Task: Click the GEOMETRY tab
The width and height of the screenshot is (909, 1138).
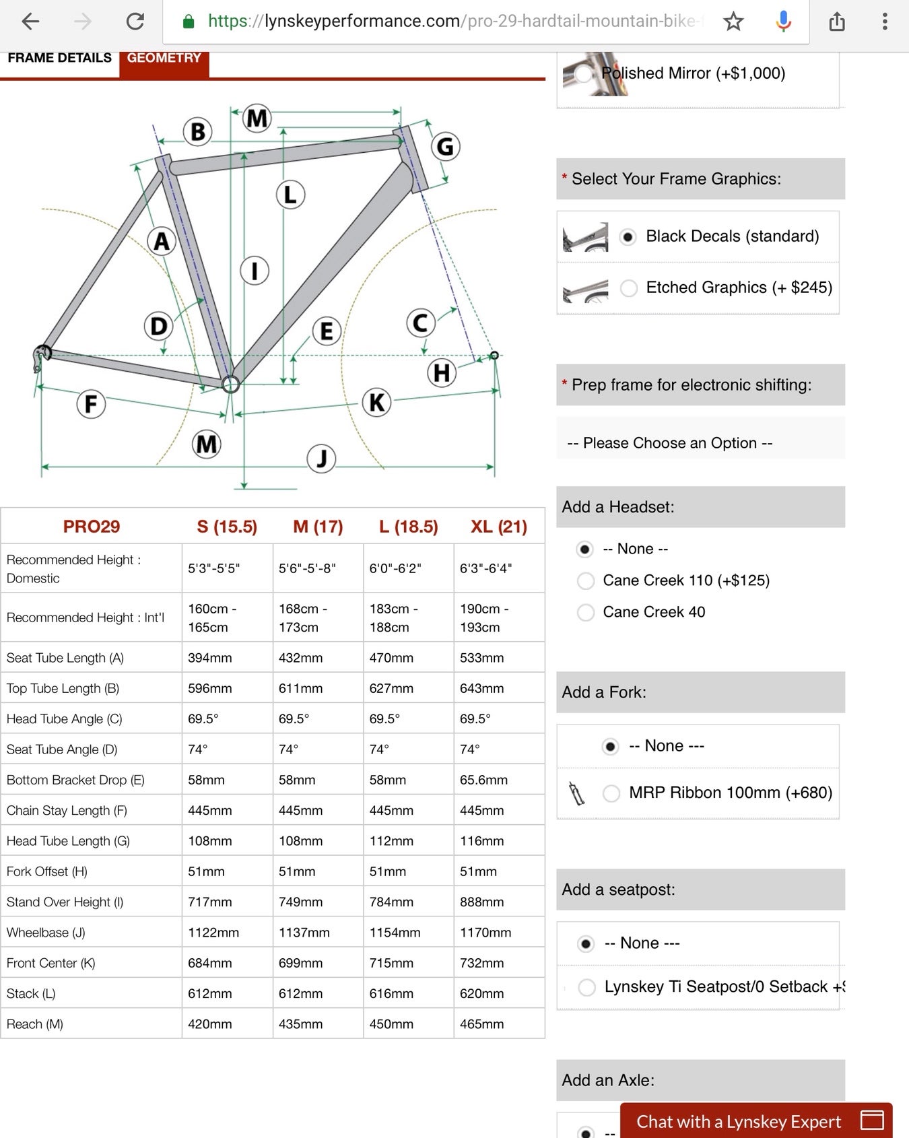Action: [x=164, y=59]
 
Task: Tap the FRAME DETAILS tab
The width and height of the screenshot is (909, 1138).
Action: [x=59, y=59]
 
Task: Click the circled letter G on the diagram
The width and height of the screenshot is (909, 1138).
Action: [x=445, y=146]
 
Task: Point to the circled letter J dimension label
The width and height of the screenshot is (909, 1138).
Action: [x=321, y=459]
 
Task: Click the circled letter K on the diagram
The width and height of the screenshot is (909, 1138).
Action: [x=376, y=402]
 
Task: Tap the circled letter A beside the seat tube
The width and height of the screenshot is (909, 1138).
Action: [x=162, y=241]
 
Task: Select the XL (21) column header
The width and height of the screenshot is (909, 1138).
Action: [x=498, y=527]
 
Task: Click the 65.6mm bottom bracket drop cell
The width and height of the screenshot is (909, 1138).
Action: [x=483, y=780]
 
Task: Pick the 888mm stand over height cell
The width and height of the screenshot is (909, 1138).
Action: [x=481, y=902]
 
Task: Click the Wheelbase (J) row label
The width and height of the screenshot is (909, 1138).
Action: [x=46, y=933]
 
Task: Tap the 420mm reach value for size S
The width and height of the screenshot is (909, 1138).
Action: [x=209, y=1024]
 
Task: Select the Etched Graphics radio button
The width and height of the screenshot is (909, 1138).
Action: [x=629, y=288]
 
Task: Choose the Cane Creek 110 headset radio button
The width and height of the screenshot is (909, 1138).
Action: [x=586, y=580]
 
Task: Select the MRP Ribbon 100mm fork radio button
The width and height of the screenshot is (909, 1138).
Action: [x=611, y=793]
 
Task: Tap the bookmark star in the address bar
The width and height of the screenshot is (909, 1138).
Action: [x=733, y=22]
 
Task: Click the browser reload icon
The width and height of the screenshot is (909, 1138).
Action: [x=135, y=22]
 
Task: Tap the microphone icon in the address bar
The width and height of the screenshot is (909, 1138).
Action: [x=783, y=22]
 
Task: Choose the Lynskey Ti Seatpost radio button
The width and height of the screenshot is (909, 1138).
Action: [x=586, y=987]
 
